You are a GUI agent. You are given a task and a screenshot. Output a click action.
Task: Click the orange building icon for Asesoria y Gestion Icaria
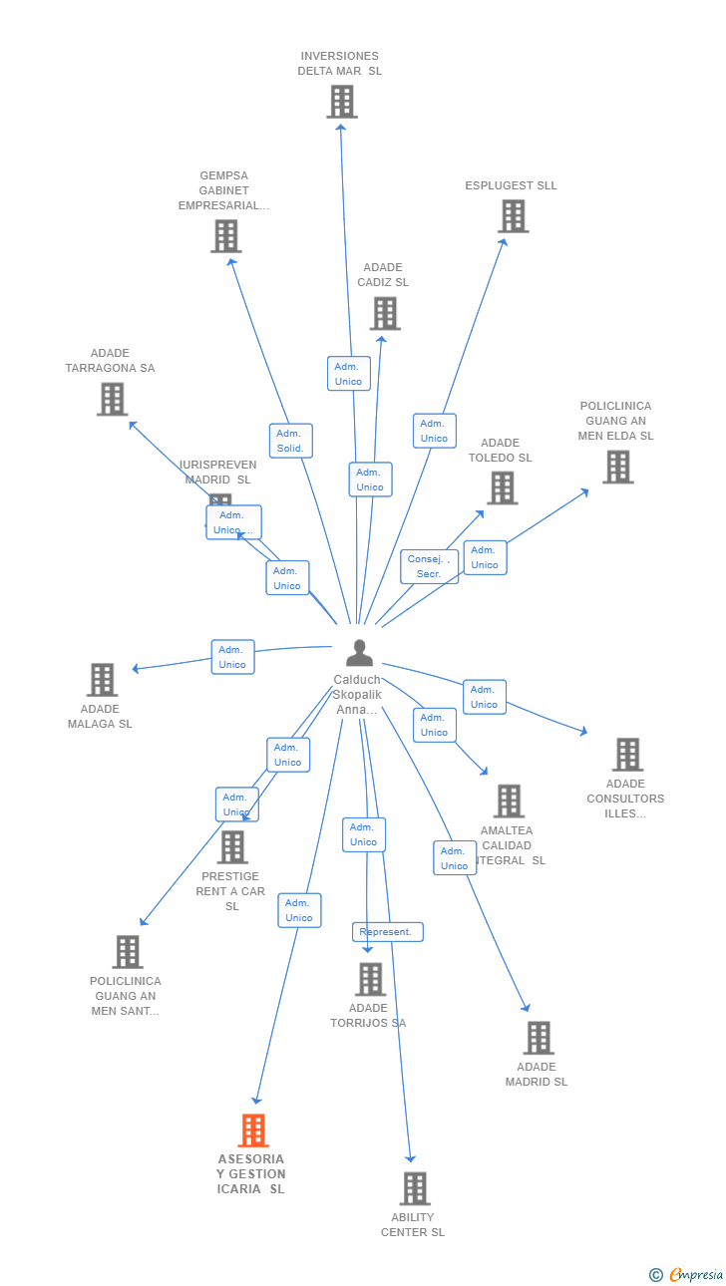point(253,1130)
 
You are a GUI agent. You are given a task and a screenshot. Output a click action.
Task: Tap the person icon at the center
point(359,653)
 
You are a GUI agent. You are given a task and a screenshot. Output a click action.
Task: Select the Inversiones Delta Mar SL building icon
point(341,102)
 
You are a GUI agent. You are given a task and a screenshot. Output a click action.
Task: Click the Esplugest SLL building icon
point(513,216)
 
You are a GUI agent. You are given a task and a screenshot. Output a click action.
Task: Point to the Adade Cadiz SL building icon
point(384,313)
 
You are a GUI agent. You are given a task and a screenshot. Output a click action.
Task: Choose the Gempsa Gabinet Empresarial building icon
point(225,236)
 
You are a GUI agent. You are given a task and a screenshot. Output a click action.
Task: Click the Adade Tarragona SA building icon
point(112,399)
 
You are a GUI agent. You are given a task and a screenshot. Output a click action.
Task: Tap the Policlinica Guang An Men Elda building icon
point(617,467)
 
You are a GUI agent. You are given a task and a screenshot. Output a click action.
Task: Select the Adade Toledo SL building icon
point(502,488)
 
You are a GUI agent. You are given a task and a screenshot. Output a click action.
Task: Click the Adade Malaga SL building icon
point(102,680)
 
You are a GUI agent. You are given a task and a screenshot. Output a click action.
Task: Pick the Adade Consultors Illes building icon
point(626,755)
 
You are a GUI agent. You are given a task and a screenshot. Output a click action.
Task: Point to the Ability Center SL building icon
point(415,1188)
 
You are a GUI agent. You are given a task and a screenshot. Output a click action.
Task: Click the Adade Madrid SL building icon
point(539,1038)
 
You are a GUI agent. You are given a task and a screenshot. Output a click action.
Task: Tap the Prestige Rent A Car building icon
point(232,847)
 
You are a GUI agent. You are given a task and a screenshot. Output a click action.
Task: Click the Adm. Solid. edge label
point(290,441)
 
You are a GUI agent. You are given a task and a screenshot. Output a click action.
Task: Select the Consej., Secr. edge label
point(430,566)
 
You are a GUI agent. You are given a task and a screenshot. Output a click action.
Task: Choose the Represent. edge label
point(387,932)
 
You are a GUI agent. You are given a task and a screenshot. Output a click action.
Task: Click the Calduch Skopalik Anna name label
point(357,695)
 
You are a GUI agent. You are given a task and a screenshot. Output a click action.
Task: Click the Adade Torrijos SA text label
point(368,1015)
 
